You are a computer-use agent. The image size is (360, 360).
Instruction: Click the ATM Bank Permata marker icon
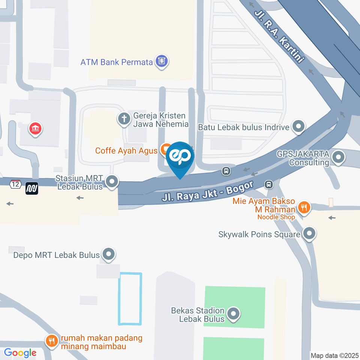pyautogui.click(x=162, y=61)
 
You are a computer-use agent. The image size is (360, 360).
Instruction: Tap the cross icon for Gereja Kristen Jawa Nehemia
pyautogui.click(x=124, y=119)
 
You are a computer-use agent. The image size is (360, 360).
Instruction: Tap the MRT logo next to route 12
pyautogui.click(x=32, y=188)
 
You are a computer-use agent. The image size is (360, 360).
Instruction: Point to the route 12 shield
pyautogui.click(x=15, y=184)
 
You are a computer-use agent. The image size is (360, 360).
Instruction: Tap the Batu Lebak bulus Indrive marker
pyautogui.click(x=298, y=127)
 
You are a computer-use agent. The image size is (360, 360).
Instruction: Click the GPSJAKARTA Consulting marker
pyautogui.click(x=338, y=158)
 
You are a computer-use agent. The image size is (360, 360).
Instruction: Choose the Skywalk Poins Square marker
pyautogui.click(x=309, y=234)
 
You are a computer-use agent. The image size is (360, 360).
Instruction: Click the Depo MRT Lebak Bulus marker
pyautogui.click(x=109, y=255)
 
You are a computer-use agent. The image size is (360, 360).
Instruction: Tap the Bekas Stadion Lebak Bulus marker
pyautogui.click(x=233, y=315)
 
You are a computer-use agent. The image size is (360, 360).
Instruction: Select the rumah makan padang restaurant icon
pyautogui.click(x=51, y=340)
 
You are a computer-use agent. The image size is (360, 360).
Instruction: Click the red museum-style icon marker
pyautogui.click(x=36, y=129)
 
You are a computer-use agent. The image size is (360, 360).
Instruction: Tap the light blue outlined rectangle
pyautogui.click(x=130, y=299)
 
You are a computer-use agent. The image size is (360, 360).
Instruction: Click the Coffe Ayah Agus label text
pyautogui.click(x=126, y=151)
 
